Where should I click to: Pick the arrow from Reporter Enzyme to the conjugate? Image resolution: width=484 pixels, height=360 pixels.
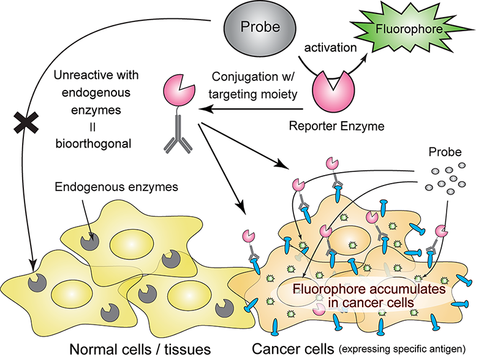point(245,108)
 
